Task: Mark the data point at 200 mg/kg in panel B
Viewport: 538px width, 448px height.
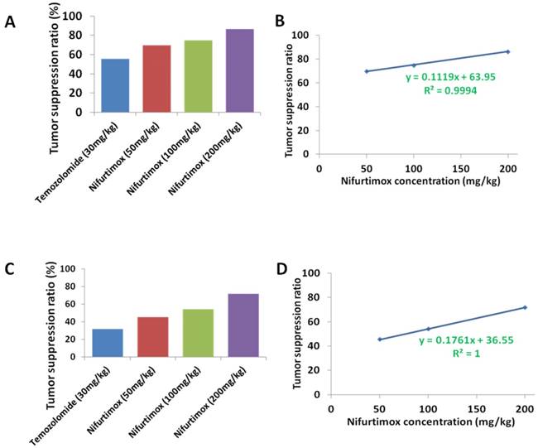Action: (507, 51)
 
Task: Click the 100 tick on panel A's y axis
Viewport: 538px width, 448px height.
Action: (74, 17)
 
